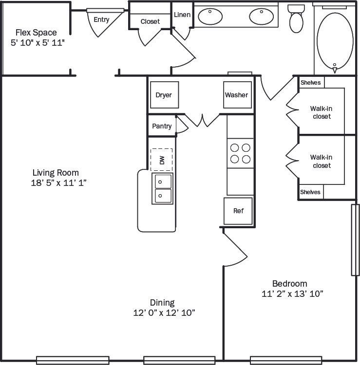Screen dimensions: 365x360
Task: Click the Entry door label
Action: pyautogui.click(x=101, y=20)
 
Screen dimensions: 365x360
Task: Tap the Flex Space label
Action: pyautogui.click(x=36, y=33)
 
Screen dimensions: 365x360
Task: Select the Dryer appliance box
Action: pyautogui.click(x=164, y=95)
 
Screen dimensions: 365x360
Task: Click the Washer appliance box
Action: pyautogui.click(x=236, y=95)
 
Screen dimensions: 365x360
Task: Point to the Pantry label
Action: pyautogui.click(x=162, y=126)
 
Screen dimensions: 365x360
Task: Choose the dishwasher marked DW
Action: pyautogui.click(x=162, y=160)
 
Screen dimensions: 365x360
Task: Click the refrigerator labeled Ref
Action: pyautogui.click(x=238, y=211)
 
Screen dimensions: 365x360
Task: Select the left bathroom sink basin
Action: pyautogui.click(x=210, y=16)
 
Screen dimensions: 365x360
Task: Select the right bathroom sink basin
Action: pyautogui.click(x=263, y=16)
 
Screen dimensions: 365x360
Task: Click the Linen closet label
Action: pyautogui.click(x=182, y=15)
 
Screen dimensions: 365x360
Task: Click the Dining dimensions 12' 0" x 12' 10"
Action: pyautogui.click(x=164, y=312)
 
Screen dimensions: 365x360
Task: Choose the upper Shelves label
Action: pyautogui.click(x=310, y=83)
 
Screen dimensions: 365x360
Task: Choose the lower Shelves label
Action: pyautogui.click(x=310, y=192)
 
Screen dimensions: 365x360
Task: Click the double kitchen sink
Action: pyautogui.click(x=162, y=188)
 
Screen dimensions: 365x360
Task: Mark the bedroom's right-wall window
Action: pyautogui.click(x=355, y=240)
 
